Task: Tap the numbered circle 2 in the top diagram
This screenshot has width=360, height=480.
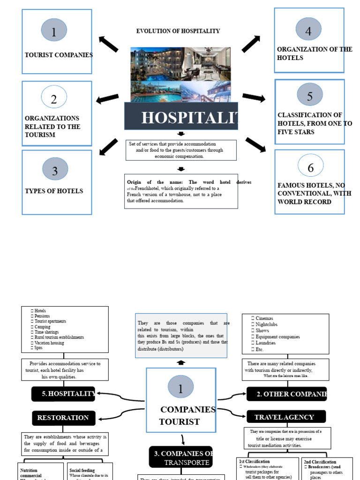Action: pyautogui.click(x=54, y=98)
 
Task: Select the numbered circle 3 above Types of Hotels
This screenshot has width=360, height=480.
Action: pyautogui.click(x=55, y=169)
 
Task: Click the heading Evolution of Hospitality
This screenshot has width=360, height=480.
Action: pyautogui.click(x=178, y=31)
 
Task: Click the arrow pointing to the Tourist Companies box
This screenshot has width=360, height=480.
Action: pyautogui.click(x=108, y=44)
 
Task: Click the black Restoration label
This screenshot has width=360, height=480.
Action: pyautogui.click(x=63, y=418)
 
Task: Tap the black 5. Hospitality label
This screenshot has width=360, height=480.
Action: pyautogui.click(x=63, y=394)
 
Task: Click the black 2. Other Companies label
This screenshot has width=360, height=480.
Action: pyautogui.click(x=286, y=394)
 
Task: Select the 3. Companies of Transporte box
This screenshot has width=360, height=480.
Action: pyautogui.click(x=181, y=457)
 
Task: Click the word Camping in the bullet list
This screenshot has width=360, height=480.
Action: pyautogui.click(x=43, y=327)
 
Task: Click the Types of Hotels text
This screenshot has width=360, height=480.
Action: pyautogui.click(x=54, y=191)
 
